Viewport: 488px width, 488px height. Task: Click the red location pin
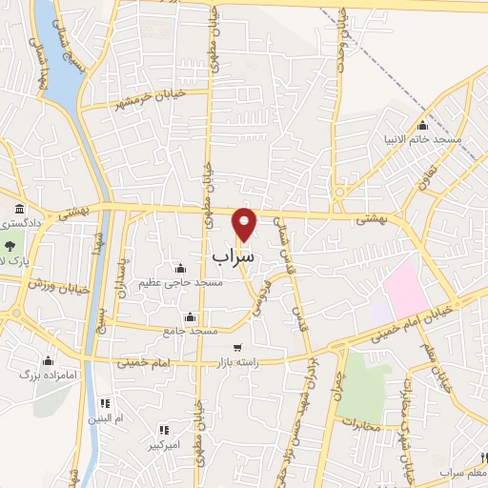click(245, 223)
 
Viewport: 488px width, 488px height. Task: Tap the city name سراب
click(234, 256)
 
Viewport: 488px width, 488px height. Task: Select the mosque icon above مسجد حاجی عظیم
click(180, 268)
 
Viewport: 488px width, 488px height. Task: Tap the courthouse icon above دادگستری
click(19, 209)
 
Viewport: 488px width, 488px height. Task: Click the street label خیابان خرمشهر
click(145, 97)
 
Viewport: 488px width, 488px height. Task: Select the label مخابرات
click(360, 424)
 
